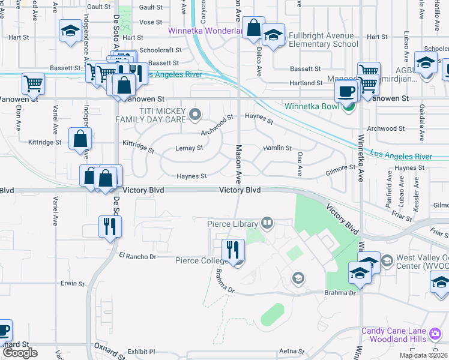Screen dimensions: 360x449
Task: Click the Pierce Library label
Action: tap(232, 224)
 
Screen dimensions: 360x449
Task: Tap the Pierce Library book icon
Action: tap(267, 224)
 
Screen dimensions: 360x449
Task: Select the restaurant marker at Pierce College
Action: tap(233, 250)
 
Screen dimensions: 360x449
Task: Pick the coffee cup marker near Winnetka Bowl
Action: tap(346, 91)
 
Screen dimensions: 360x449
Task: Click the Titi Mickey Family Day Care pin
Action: tap(194, 113)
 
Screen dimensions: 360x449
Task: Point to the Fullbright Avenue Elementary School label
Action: tap(323, 40)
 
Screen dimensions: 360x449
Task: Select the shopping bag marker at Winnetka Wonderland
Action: tap(253, 27)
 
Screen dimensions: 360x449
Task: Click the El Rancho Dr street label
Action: tap(137, 256)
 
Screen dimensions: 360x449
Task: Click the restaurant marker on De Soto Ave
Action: tap(110, 226)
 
